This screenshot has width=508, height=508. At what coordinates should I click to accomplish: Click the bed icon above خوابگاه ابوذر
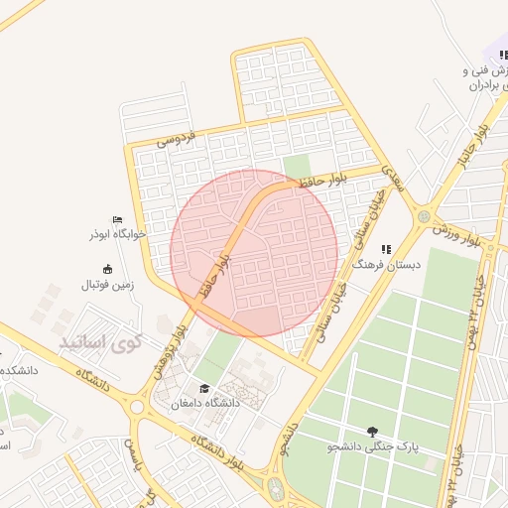pos(118,220)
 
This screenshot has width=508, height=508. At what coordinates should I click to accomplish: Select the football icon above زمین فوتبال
pos(108,269)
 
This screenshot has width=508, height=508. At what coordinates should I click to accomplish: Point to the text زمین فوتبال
pos(112,285)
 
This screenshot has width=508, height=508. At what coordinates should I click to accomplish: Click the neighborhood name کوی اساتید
pos(101,343)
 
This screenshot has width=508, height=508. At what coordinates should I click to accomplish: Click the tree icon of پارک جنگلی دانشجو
pos(372,431)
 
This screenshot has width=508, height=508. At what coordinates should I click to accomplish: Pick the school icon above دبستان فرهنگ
pos(386,248)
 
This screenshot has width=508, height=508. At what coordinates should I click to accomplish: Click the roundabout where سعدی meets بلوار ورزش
pos(424,215)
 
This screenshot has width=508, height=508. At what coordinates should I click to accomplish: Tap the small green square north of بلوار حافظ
pos(296,166)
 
